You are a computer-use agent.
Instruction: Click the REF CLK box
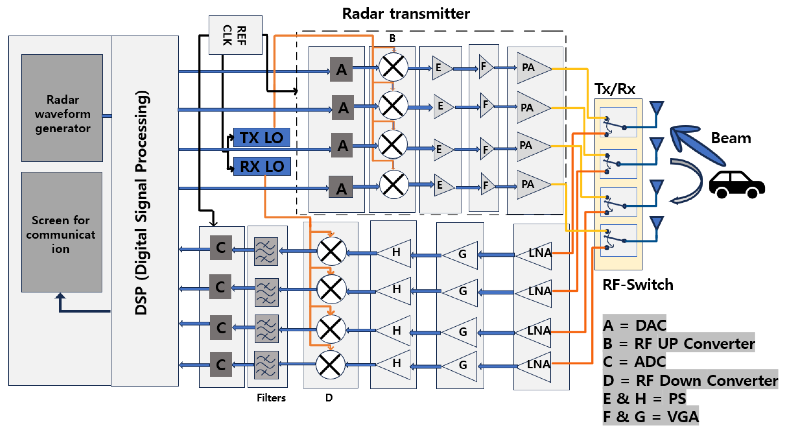click(x=235, y=35)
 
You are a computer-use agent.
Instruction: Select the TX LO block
click(x=261, y=137)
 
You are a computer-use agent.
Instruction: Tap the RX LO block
click(x=262, y=166)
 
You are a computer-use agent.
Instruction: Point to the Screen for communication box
click(x=62, y=232)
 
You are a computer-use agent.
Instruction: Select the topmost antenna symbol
click(x=657, y=109)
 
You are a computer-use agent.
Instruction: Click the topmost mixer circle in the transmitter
click(x=393, y=67)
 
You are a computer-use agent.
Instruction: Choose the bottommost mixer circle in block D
click(x=330, y=365)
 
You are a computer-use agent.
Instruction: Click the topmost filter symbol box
click(x=266, y=251)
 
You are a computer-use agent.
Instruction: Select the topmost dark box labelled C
click(x=221, y=248)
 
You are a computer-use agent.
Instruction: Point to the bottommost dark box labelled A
click(x=341, y=187)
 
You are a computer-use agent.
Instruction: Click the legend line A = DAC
click(x=634, y=325)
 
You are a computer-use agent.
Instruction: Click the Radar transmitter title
click(x=406, y=14)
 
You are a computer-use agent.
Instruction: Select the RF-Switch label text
click(x=638, y=284)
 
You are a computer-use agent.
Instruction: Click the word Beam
click(x=731, y=138)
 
